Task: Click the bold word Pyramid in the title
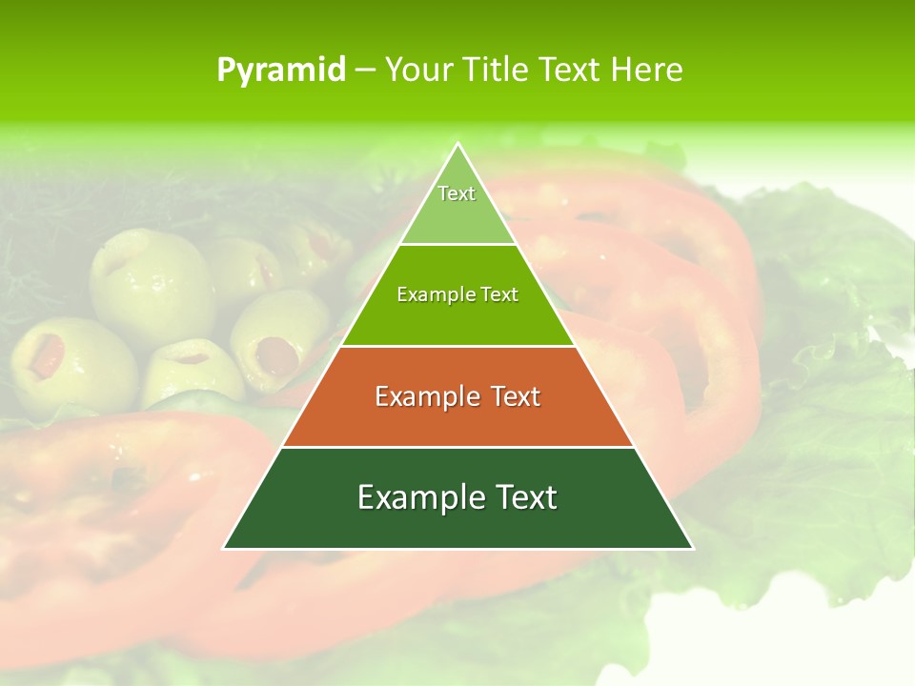tap(281, 70)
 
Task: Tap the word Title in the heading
tap(498, 70)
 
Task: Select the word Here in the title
tap(647, 70)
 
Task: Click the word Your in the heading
tap(418, 70)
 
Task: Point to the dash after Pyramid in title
tap(365, 71)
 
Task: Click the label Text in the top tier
tap(457, 193)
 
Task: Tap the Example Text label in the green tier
tap(457, 294)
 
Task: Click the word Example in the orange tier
tap(423, 396)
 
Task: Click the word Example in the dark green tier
tap(414, 497)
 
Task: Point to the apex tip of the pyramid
tap(457, 145)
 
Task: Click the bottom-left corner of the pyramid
tap(225, 548)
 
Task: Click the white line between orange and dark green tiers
tap(457, 447)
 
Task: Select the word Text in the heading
tap(571, 70)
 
